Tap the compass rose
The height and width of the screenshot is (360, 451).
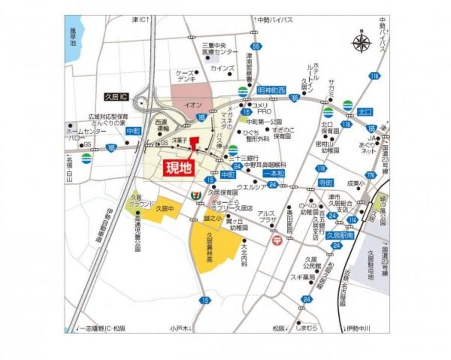361,43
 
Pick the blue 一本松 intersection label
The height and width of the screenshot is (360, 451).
274,173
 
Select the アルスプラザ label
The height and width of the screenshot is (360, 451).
267,216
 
